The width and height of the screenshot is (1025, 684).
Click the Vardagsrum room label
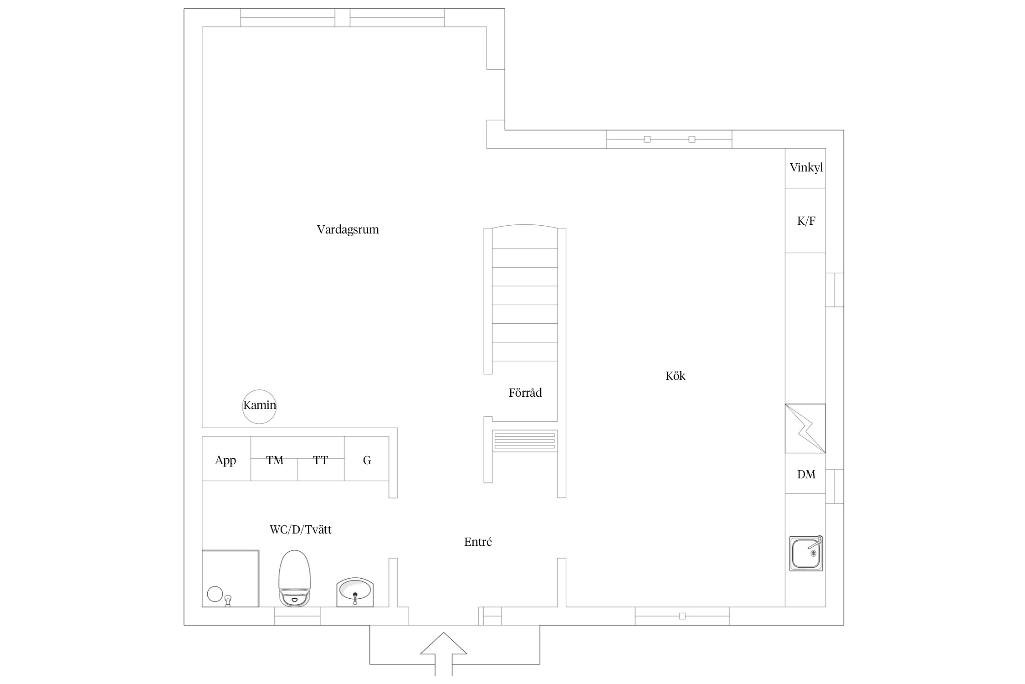348,229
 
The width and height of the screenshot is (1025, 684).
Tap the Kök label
675,376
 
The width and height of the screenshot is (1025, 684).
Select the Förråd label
525,393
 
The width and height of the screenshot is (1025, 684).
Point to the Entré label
478,542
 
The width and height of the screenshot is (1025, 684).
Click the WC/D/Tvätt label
301,529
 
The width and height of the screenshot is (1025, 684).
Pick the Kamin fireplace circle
259,407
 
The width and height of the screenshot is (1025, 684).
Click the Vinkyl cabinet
805,169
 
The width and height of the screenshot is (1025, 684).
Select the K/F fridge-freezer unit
805,221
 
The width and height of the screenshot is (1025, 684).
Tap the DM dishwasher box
805,474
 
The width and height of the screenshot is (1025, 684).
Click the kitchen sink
806,554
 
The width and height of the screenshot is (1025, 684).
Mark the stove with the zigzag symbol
805,429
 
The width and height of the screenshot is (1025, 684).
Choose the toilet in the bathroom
294,578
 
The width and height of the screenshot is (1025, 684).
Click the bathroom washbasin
355,592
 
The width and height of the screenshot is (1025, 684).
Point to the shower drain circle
215,594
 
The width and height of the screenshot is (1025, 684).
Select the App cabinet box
226,458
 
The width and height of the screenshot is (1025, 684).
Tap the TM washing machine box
274,458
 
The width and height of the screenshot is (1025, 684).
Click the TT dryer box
321,458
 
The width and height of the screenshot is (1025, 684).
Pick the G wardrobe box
367,458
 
